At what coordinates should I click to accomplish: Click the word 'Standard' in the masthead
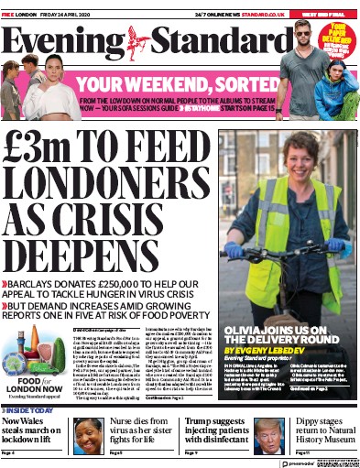click(x=210, y=41)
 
